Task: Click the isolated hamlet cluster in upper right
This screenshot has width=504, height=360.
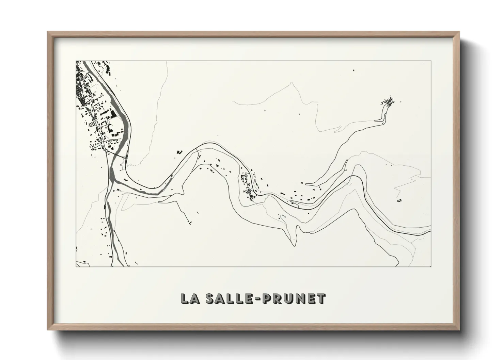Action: coord(389,101)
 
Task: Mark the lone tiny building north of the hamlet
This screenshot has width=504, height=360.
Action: coord(353,70)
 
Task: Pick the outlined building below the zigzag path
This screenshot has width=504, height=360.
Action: coord(399,201)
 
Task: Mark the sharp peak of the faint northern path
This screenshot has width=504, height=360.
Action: coord(292,85)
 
